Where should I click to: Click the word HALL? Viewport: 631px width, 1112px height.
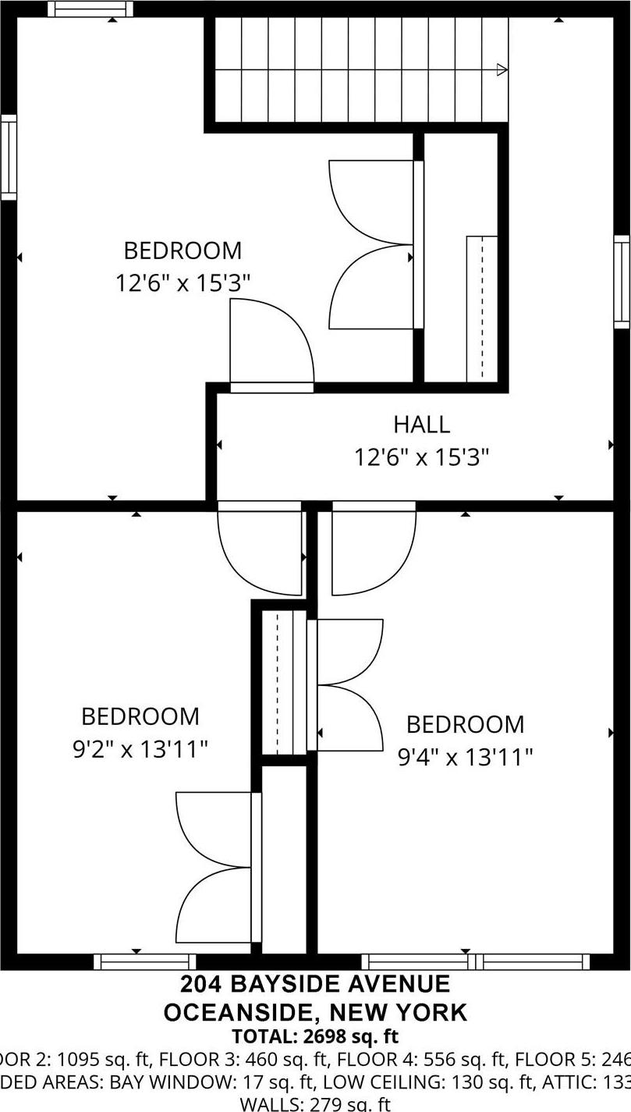421,425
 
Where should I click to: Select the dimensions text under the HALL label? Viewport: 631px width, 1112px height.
421,457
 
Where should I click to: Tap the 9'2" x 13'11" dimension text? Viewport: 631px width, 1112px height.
140,750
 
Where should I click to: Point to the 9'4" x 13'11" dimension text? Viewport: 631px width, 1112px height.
466,757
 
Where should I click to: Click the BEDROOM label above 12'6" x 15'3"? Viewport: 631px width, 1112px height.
183,250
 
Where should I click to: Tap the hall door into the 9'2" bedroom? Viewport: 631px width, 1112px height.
260,546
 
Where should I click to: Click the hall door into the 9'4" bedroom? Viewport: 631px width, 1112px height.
374,546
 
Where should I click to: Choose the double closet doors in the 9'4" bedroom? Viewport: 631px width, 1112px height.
348,685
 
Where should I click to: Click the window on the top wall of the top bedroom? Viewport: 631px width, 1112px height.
90,9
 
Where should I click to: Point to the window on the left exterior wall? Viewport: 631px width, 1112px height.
9,157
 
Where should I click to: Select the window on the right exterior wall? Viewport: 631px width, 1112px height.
622,281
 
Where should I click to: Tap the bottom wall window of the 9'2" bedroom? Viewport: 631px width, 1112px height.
145,961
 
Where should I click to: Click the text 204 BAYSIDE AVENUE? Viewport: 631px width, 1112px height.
315,984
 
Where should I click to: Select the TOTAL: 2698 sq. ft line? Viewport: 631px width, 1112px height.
315,1036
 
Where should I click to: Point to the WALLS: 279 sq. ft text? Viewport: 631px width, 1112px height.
315,1103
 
